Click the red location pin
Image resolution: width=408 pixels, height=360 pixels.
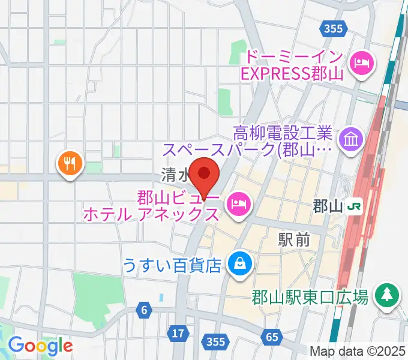click(x=204, y=173)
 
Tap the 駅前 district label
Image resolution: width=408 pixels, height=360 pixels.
click(x=294, y=239)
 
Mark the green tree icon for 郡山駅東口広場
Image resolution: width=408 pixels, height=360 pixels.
click(x=388, y=294)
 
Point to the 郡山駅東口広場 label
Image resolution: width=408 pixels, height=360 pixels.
click(x=310, y=296)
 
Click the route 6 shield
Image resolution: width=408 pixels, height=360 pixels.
click(x=144, y=310)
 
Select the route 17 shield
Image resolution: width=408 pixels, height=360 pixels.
click(x=178, y=332)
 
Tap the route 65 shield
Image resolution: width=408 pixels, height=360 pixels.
click(x=272, y=338)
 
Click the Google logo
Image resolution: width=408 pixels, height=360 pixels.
click(x=40, y=346)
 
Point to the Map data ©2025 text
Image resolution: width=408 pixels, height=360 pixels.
click(x=358, y=350)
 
